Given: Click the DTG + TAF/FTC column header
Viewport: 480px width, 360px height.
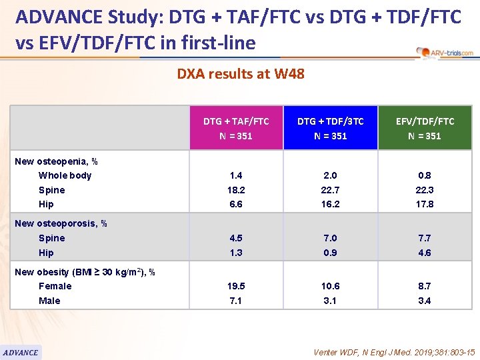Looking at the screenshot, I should pyautogui.click(x=236, y=128).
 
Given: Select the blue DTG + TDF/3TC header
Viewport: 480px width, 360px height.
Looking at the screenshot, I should pyautogui.click(x=330, y=128).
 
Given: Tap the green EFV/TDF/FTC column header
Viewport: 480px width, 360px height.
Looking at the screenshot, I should pyautogui.click(x=425, y=128).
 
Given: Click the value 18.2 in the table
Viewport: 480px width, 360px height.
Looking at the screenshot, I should pyautogui.click(x=236, y=190).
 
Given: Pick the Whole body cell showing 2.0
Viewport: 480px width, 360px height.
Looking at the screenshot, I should pyautogui.click(x=330, y=175).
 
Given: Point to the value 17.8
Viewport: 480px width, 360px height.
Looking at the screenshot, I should pyautogui.click(x=425, y=204).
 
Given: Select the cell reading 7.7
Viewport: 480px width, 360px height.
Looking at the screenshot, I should pyautogui.click(x=425, y=238).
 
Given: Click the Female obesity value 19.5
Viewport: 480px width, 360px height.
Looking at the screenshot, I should pyautogui.click(x=236, y=286).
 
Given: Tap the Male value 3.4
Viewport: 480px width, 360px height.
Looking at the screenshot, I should pyautogui.click(x=425, y=301).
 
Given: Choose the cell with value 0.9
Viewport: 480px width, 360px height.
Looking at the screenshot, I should pyautogui.click(x=330, y=253).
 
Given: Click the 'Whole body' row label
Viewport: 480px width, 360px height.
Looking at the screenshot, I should pyautogui.click(x=65, y=175).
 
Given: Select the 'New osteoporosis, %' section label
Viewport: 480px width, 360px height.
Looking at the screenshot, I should pyautogui.click(x=61, y=223).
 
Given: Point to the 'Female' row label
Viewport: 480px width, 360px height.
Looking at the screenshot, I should pyautogui.click(x=55, y=286).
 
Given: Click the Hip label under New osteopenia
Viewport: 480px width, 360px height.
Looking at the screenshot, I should pyautogui.click(x=46, y=204).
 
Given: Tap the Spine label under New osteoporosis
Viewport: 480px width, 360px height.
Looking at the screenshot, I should pyautogui.click(x=51, y=238).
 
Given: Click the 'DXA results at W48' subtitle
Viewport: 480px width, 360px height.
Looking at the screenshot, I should pyautogui.click(x=240, y=74).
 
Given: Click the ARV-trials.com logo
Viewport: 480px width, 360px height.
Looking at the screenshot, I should pyautogui.click(x=444, y=52).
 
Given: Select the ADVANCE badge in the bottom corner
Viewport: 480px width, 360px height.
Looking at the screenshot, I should pyautogui.click(x=21, y=352).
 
